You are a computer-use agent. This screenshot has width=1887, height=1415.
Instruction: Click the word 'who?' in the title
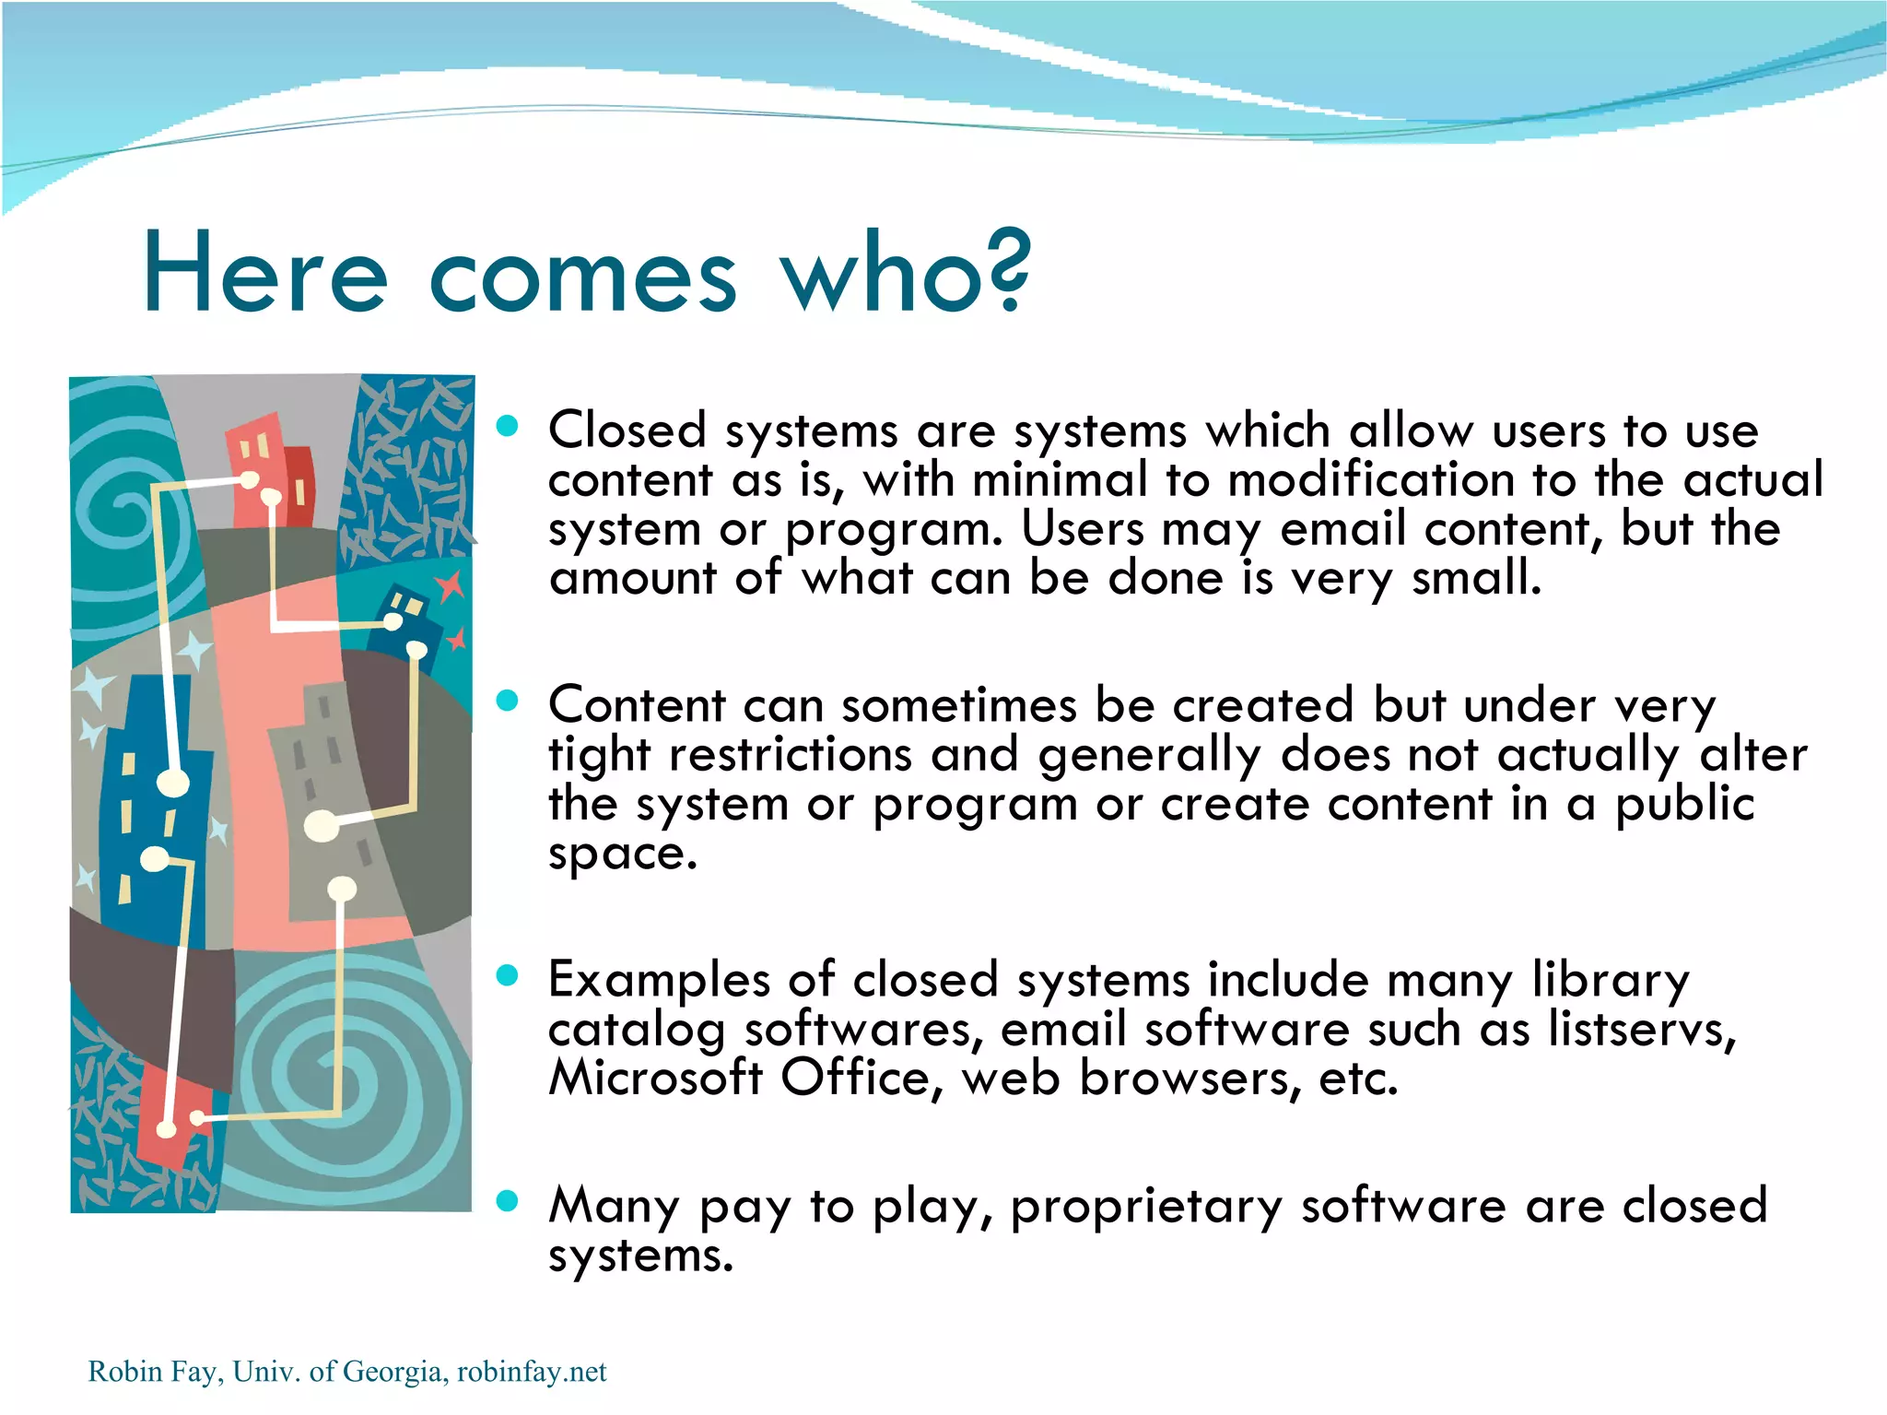[906, 273]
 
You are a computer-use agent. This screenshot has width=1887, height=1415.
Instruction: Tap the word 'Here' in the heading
[265, 273]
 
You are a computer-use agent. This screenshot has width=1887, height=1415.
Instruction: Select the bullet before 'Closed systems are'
[507, 426]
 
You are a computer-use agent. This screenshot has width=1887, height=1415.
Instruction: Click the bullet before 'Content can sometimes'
[507, 701]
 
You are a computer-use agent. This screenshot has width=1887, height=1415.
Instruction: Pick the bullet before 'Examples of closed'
[507, 975]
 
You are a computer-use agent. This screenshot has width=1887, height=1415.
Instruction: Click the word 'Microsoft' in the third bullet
[655, 1078]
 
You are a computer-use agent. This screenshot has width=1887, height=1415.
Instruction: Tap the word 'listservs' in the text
[1640, 1029]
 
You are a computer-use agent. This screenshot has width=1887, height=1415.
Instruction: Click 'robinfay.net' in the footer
[532, 1372]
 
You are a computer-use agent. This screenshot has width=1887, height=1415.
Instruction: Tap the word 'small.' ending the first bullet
[1476, 578]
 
